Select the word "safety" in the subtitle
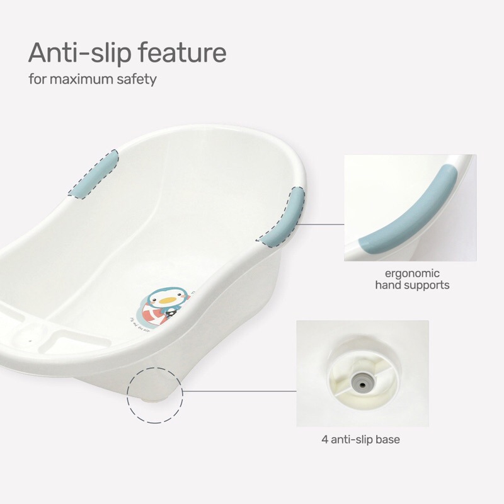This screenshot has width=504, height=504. tap(137, 81)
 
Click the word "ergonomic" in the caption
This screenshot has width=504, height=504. tap(413, 273)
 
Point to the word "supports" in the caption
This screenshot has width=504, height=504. tap(428, 285)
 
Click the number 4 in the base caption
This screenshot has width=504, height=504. tap(324, 440)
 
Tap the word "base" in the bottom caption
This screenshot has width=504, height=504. tap(387, 440)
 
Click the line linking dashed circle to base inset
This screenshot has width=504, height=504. tap(239, 391)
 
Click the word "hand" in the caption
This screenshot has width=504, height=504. tap(389, 285)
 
